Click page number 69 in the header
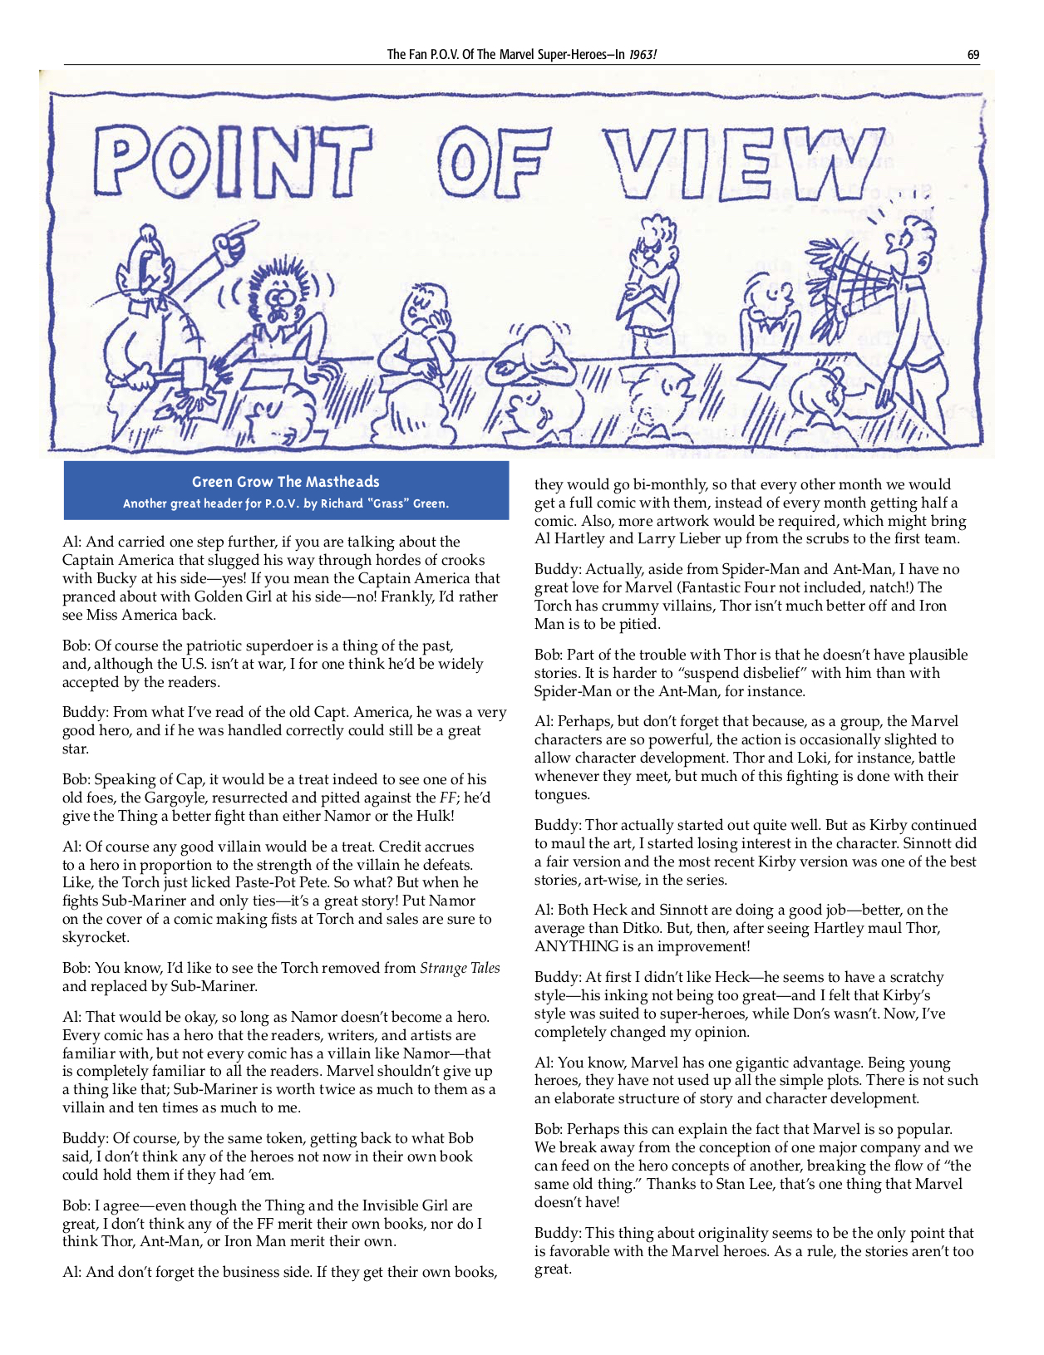tap(973, 55)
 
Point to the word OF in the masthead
tap(495, 161)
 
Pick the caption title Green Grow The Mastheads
tap(285, 482)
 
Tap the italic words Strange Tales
tap(460, 968)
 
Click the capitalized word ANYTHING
tap(577, 946)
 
